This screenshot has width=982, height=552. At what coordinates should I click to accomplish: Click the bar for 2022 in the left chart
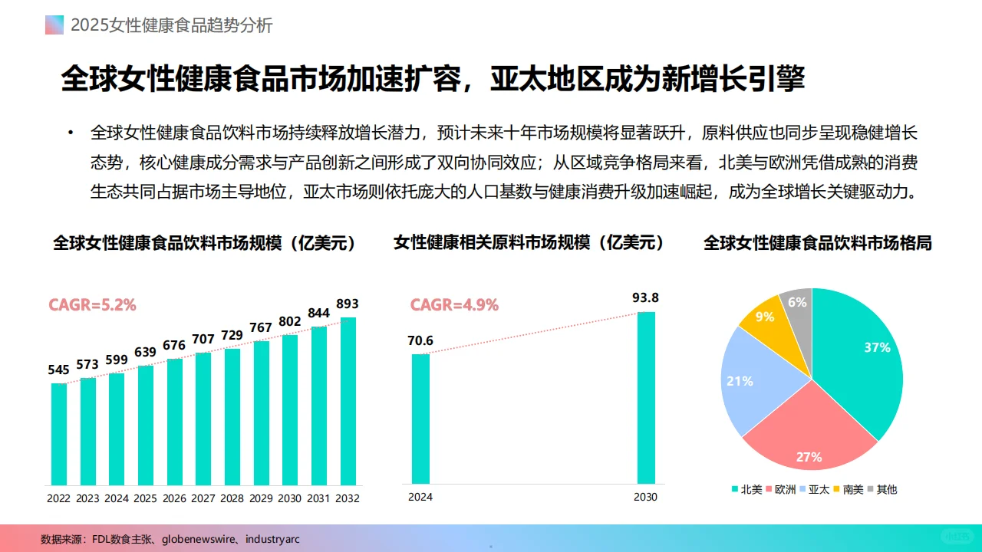point(59,434)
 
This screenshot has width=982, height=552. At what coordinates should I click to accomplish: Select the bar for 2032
point(348,401)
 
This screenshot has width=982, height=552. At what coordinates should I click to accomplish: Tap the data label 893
point(348,304)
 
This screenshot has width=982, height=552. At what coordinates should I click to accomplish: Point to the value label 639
point(146,353)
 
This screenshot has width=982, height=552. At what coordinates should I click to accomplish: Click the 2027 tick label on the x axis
point(203,498)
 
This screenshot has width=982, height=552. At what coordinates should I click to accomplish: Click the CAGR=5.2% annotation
point(92,304)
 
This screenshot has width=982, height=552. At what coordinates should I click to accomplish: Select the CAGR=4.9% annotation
point(454,304)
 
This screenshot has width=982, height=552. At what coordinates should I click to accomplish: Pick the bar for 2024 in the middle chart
point(420,419)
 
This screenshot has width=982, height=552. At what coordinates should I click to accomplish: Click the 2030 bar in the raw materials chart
point(646,397)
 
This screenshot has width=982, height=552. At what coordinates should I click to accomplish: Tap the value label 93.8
point(646,298)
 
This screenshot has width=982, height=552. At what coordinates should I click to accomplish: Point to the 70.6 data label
point(420,340)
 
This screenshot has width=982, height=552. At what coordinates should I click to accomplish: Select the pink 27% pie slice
point(806,437)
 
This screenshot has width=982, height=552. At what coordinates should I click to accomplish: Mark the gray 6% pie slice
point(798,307)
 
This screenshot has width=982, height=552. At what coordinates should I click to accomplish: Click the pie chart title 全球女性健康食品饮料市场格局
point(817,243)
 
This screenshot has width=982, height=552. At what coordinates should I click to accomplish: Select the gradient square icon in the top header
point(54,25)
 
